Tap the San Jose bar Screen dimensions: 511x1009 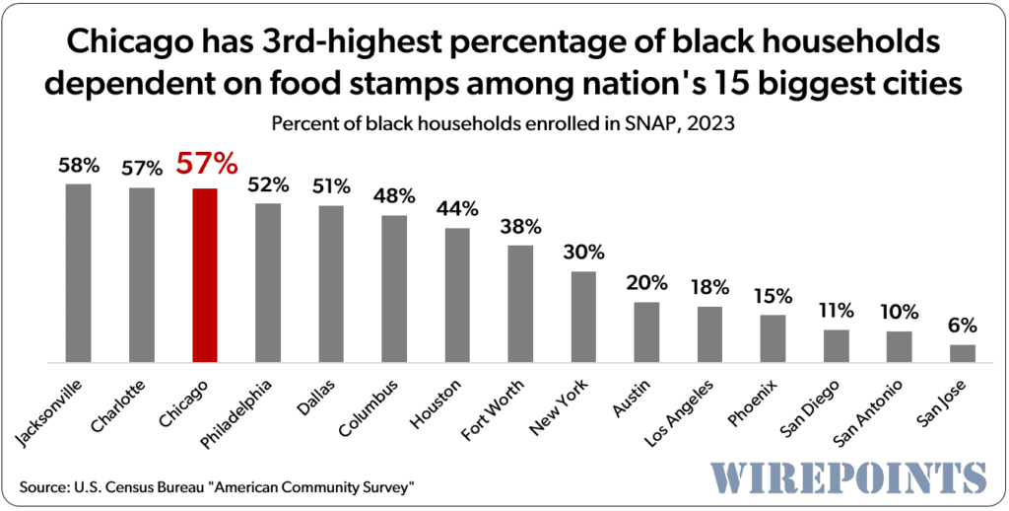(x=963, y=352)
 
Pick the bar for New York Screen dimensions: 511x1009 (x=584, y=316)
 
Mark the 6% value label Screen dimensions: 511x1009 (x=963, y=326)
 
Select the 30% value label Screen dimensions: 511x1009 (x=584, y=253)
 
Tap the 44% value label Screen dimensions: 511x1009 (x=458, y=209)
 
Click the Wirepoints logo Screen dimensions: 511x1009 (x=847, y=477)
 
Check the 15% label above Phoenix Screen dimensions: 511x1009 (x=774, y=296)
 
